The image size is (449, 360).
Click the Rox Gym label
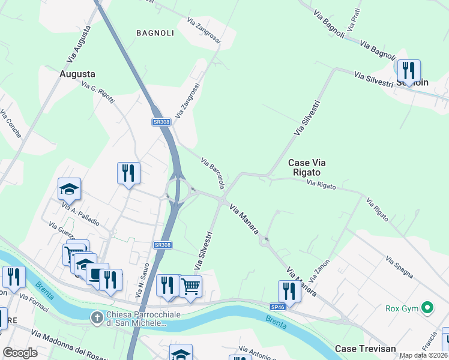(400, 309)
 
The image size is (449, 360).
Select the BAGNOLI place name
(155, 33)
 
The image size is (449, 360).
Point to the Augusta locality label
(77, 74)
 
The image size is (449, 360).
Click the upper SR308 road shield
(161, 122)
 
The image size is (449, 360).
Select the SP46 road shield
(277, 307)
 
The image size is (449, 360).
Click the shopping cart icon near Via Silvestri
(190, 287)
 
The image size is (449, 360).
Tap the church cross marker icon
(96, 316)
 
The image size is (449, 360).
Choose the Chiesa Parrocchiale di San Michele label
(136, 319)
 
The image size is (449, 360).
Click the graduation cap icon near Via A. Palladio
(69, 188)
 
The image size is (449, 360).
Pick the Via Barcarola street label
(213, 173)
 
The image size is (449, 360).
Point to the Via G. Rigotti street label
(98, 92)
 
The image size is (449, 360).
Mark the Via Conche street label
(11, 124)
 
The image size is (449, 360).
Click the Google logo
(20, 352)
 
